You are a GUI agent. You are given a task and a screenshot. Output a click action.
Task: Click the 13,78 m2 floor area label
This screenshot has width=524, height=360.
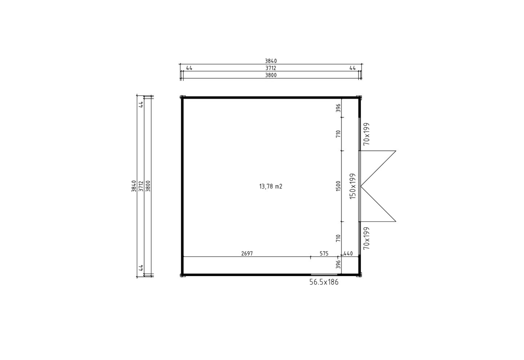point(271,187)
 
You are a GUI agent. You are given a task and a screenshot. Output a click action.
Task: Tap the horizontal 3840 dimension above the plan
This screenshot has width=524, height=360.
point(271,61)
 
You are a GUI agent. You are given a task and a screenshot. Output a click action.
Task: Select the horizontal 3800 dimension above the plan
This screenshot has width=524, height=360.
point(271,75)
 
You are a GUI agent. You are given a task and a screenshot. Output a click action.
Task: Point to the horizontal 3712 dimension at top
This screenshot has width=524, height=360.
point(271,68)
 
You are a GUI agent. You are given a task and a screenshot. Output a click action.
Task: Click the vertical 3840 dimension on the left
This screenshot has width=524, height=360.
point(134,186)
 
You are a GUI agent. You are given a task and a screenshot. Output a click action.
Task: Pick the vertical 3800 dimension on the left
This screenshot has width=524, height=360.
point(148,186)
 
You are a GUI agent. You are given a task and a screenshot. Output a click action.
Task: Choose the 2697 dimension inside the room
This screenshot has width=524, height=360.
point(247,254)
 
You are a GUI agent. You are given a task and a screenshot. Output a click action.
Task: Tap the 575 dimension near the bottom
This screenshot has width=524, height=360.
point(324,254)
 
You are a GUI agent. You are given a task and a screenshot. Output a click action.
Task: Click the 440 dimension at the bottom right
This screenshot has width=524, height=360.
point(348,254)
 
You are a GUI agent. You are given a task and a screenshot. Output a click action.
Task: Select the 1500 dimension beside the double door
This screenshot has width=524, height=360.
point(338,186)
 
